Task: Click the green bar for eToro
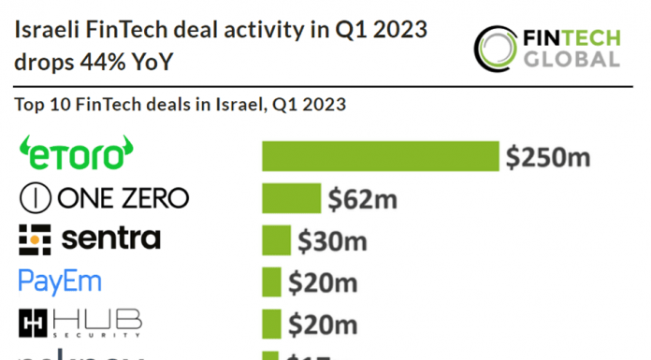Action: pyautogui.click(x=380, y=156)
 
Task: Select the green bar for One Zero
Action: pyautogui.click(x=291, y=198)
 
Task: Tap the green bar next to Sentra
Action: pyautogui.click(x=276, y=240)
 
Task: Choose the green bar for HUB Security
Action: pyautogui.click(x=271, y=324)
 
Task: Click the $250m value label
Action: pyautogui.click(x=548, y=157)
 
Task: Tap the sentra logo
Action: pyautogui.click(x=90, y=239)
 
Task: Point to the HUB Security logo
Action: pyautogui.click(x=80, y=323)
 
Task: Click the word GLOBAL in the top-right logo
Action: pyautogui.click(x=572, y=58)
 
